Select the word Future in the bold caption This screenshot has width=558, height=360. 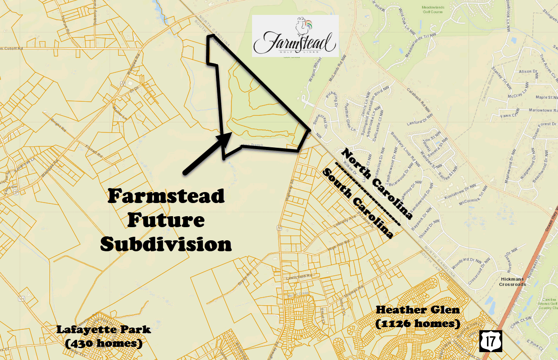tap(166, 220)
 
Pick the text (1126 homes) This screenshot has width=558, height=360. tap(418, 324)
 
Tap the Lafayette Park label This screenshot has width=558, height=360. tap(104, 329)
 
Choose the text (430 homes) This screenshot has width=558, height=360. tap(104, 343)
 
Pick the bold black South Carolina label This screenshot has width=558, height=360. tap(357, 204)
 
